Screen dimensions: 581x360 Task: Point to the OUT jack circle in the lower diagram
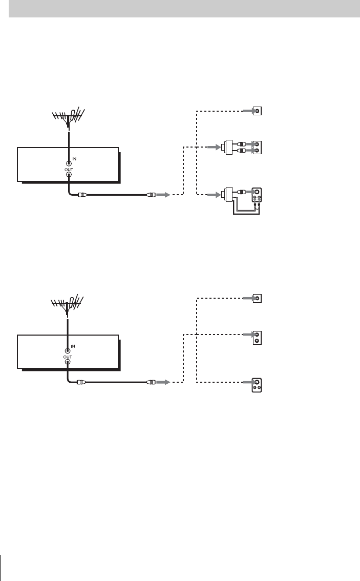click(x=68, y=361)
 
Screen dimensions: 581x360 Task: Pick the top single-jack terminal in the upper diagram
click(x=258, y=111)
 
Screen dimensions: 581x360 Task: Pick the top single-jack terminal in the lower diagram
click(x=258, y=298)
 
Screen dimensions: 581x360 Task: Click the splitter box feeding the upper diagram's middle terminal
click(x=227, y=148)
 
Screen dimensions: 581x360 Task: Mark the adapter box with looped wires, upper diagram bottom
click(x=227, y=195)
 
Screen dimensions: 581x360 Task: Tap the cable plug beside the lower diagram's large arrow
click(x=151, y=382)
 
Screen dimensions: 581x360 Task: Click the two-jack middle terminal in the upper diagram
click(x=258, y=148)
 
